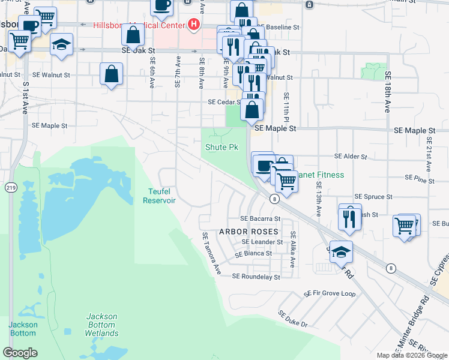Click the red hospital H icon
tap(193, 25)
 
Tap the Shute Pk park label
tap(222, 147)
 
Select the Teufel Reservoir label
tap(159, 196)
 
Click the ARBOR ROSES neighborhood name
tap(249, 231)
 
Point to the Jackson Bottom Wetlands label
tap(101, 325)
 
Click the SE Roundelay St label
tap(256, 277)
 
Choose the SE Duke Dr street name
tap(293, 319)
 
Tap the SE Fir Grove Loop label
tap(330, 294)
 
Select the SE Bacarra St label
tap(261, 218)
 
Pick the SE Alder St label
tap(351, 156)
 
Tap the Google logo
tap(20, 353)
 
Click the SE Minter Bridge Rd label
tap(414, 323)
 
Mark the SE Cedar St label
tap(224, 102)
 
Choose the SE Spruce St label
tap(373, 196)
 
